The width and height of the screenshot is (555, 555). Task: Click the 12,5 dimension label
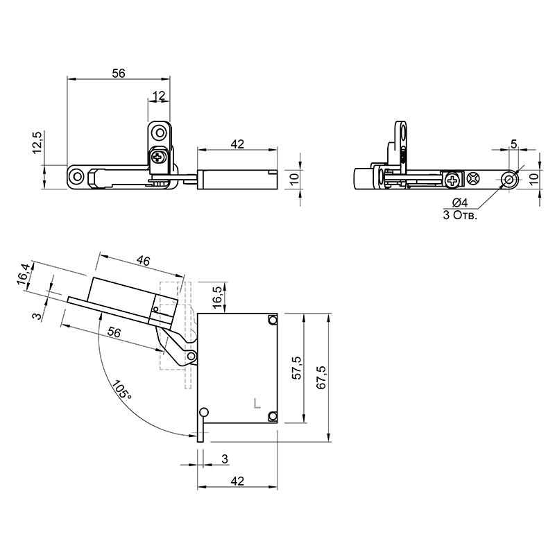37,142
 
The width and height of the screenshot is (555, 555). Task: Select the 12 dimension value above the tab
159,96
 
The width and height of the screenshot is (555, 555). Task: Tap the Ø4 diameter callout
460,203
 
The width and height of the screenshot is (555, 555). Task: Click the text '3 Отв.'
460,215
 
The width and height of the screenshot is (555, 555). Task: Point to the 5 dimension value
514,144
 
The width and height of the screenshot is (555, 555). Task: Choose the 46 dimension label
143,261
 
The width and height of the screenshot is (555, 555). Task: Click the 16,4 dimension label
24,273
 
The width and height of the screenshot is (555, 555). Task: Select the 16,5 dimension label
218,298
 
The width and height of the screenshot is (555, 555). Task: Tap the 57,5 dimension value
297,368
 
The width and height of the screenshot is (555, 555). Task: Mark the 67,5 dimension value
321,377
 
